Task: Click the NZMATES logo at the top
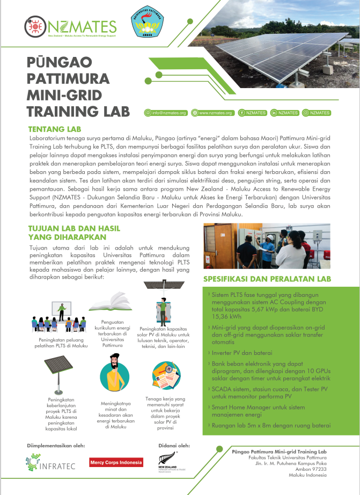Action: (x=70, y=26)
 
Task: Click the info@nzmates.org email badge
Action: (x=165, y=113)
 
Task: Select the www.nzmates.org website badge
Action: (x=213, y=113)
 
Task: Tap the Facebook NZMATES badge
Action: (x=252, y=113)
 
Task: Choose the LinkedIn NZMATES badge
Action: (x=285, y=113)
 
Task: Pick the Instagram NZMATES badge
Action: (x=317, y=113)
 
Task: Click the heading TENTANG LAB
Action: (x=54, y=129)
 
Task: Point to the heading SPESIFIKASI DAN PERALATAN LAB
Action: (x=267, y=279)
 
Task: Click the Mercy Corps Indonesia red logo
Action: (x=116, y=462)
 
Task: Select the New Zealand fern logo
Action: (x=166, y=463)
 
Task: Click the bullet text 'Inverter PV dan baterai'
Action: (x=235, y=353)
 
